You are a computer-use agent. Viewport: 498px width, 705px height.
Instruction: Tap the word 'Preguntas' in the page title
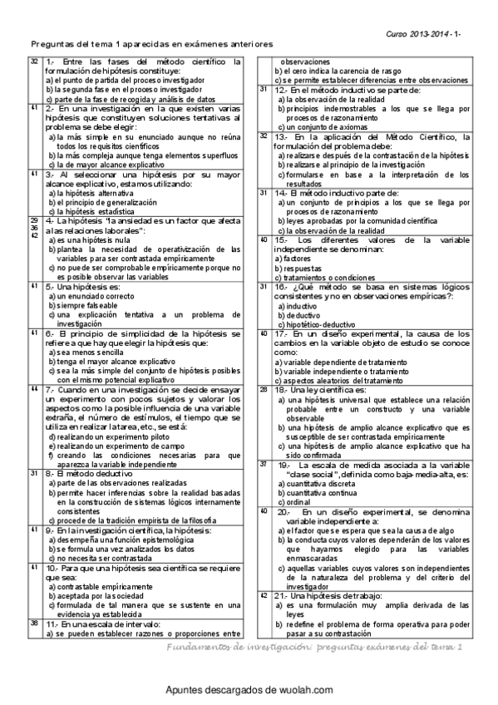(50, 47)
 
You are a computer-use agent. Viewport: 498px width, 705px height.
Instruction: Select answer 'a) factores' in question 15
(293, 259)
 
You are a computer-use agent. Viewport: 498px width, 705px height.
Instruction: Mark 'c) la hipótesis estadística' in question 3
(92, 210)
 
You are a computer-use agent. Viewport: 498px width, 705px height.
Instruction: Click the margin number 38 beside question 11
(34, 622)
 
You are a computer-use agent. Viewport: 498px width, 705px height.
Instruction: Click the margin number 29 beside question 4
(34, 219)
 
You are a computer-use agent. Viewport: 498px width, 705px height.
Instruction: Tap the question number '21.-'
(279, 596)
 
